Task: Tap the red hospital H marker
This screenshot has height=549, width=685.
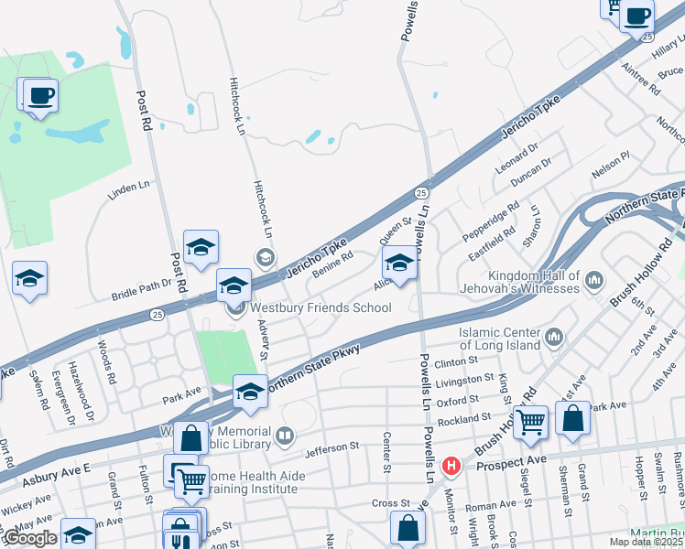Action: click(x=451, y=466)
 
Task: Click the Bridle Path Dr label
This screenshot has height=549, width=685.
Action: click(x=142, y=290)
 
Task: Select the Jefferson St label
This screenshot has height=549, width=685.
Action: click(x=332, y=447)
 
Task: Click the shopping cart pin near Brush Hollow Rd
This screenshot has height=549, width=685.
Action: click(x=530, y=423)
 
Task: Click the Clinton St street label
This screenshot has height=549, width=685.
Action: click(x=458, y=363)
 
